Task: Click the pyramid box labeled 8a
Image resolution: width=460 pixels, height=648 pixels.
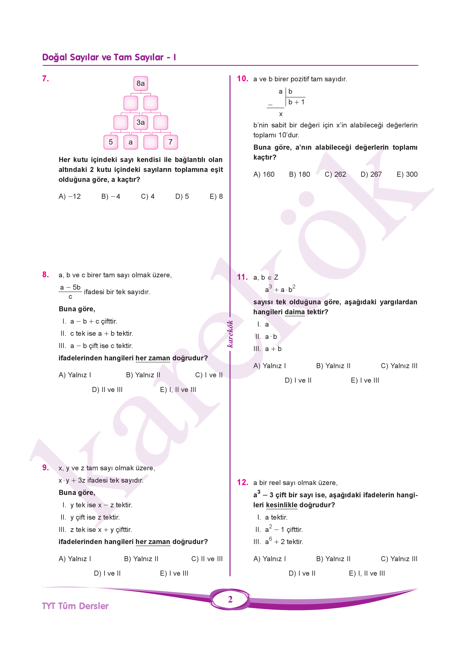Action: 140,83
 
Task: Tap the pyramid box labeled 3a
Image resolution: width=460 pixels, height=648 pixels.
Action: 140,122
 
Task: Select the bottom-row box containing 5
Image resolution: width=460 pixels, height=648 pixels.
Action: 111,142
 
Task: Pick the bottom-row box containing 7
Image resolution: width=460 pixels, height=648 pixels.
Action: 170,142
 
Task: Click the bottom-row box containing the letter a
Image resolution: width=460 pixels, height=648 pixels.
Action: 131,142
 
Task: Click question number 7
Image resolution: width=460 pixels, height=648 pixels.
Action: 45,79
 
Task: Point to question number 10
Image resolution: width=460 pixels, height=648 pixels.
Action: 242,79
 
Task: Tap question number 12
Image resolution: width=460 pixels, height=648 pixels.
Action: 242,482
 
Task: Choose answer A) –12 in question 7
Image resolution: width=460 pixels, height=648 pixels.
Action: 70,196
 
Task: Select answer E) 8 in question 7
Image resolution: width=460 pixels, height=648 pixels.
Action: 216,196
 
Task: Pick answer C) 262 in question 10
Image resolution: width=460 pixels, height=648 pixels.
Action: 335,174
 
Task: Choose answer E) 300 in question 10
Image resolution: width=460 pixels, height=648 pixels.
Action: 407,174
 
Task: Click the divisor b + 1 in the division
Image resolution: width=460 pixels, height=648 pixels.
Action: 296,102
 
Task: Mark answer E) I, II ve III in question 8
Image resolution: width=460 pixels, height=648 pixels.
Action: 178,390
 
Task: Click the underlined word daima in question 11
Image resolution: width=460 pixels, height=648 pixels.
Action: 295,312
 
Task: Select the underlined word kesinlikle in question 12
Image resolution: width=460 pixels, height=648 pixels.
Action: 282,505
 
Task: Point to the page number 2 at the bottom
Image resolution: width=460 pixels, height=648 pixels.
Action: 230,599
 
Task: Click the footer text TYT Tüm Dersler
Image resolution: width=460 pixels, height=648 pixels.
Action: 75,606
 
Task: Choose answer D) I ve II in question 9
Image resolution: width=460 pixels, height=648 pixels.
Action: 107,573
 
